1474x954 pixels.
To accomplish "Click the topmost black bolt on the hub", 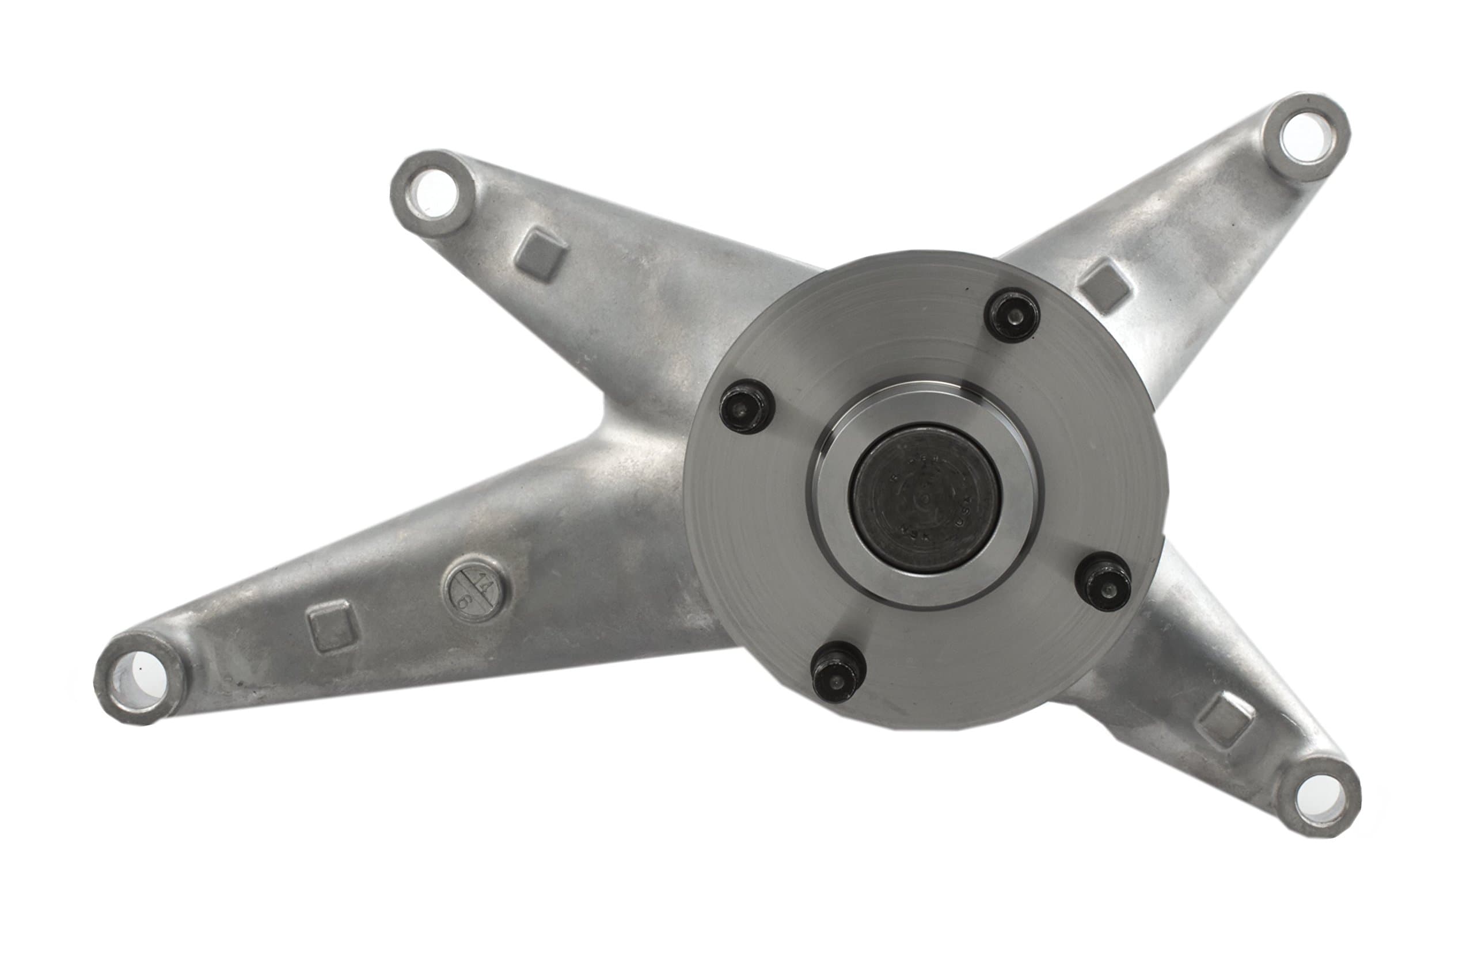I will point(1013,316).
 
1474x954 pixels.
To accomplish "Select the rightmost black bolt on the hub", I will point(1103,581).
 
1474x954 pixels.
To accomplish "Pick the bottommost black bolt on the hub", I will point(838,678).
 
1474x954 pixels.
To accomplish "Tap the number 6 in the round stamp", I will point(461,601).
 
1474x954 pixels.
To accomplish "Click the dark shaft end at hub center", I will point(925,499).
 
